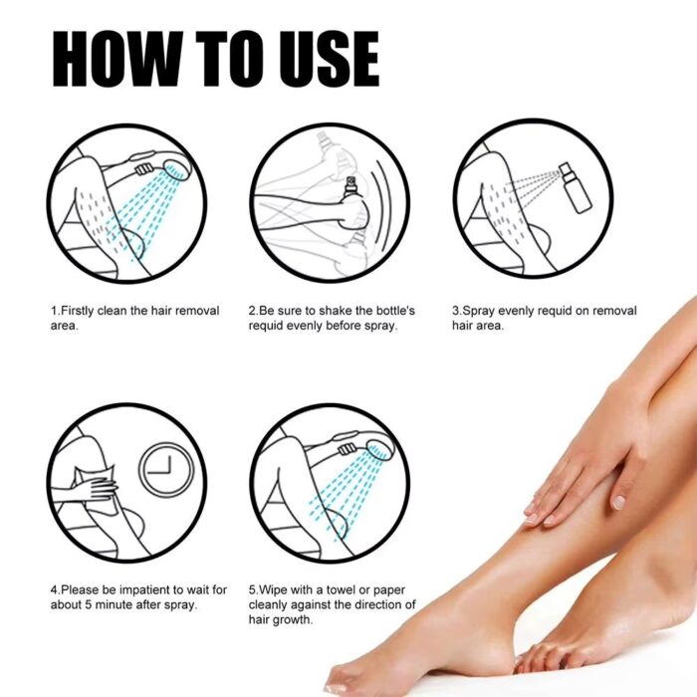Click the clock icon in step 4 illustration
tap(166, 468)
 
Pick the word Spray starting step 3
tap(479, 311)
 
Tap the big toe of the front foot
tap(344, 683)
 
